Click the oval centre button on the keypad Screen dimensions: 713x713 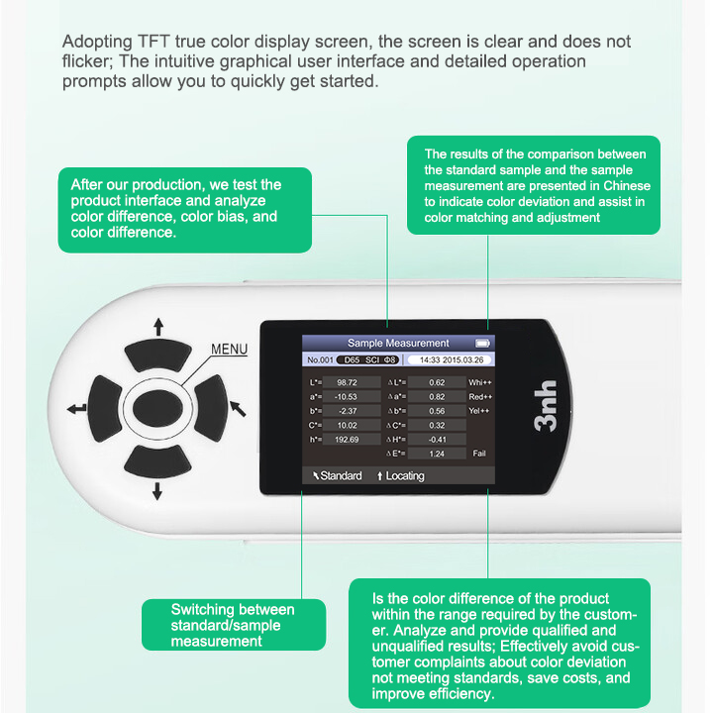pos(158,407)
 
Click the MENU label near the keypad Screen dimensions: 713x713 pos(229,350)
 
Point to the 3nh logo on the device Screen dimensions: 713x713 pos(544,407)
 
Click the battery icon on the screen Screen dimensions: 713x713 pos(482,343)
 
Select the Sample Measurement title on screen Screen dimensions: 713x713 pos(398,343)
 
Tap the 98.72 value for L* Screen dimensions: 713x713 pos(348,382)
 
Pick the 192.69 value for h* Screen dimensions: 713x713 pos(347,439)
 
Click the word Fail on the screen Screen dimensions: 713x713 pos(479,453)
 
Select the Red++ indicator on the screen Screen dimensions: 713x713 pos(480,396)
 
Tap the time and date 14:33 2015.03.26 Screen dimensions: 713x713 pos(451,359)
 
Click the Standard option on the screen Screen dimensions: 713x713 pos(337,476)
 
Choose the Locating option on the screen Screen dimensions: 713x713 pos(400,476)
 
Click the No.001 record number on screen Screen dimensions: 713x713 pos(319,359)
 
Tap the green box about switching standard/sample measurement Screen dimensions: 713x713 pos(233,625)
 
